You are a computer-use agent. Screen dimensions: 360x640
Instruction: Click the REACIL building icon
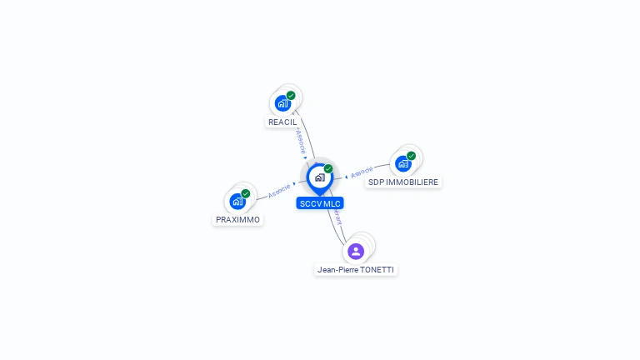pyautogui.click(x=282, y=103)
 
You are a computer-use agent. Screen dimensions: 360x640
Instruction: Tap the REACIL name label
pyautogui.click(x=282, y=122)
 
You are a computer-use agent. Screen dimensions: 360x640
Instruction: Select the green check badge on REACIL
pyautogui.click(x=291, y=95)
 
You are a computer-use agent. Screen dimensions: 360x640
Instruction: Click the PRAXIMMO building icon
pyautogui.click(x=237, y=201)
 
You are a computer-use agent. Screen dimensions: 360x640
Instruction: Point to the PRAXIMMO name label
pyautogui.click(x=237, y=220)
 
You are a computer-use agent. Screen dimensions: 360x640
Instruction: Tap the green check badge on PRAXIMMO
pyautogui.click(x=246, y=193)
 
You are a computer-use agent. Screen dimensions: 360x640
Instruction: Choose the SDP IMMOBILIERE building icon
pyautogui.click(x=403, y=163)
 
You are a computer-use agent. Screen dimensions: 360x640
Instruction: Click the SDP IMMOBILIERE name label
pyautogui.click(x=403, y=182)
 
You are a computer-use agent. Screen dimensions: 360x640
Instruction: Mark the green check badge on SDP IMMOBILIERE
pyautogui.click(x=412, y=156)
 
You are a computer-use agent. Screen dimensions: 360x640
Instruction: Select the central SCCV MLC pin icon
pyautogui.click(x=319, y=177)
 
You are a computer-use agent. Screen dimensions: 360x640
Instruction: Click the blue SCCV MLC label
pyautogui.click(x=320, y=203)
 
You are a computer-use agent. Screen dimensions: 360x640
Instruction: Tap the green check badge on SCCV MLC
pyautogui.click(x=328, y=169)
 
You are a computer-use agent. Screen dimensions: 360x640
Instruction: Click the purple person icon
pyautogui.click(x=356, y=251)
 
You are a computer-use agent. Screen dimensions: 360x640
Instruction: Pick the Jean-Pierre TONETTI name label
pyautogui.click(x=357, y=270)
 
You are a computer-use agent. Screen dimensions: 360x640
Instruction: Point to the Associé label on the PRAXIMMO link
pyautogui.click(x=279, y=190)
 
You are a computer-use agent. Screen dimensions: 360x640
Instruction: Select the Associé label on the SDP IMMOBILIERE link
pyautogui.click(x=362, y=172)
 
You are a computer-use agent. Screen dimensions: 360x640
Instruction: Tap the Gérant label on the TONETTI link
pyautogui.click(x=337, y=219)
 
